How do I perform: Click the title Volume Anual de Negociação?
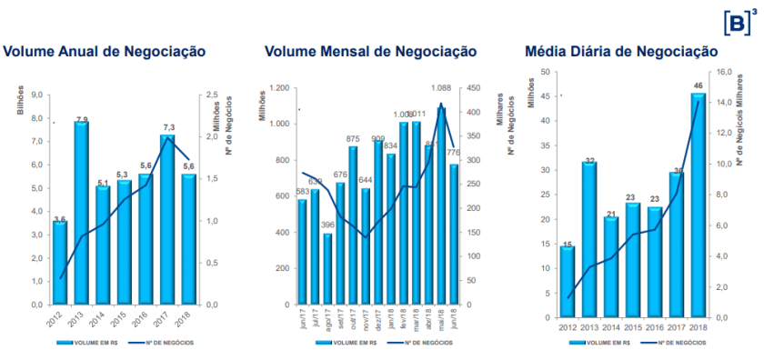click(x=104, y=52)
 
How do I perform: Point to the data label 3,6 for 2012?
click(x=59, y=218)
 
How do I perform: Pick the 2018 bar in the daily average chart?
click(x=699, y=205)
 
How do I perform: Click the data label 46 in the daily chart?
click(x=699, y=85)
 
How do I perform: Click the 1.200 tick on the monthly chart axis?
click(x=279, y=88)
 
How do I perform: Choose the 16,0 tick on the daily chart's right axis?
click(x=725, y=72)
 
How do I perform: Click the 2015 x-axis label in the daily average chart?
click(x=632, y=326)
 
